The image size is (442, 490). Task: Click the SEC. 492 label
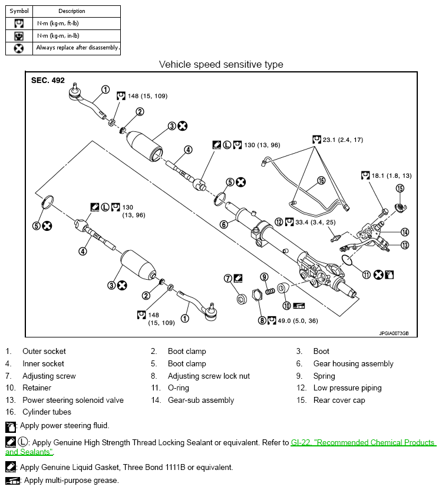coord(48,81)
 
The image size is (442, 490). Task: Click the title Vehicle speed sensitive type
coord(221,64)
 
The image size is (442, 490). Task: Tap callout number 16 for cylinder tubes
coord(321,181)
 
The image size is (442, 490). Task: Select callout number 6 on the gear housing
coord(224,224)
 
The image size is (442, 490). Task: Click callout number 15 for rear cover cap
coord(400,188)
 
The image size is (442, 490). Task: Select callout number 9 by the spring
coord(265,277)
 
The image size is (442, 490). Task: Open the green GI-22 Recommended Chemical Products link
coord(362,442)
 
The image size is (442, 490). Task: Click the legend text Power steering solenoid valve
coord(73,400)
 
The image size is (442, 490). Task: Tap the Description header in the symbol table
coord(72,11)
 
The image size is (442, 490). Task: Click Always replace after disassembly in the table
coord(77,48)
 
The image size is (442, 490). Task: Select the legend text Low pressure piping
coord(347,388)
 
